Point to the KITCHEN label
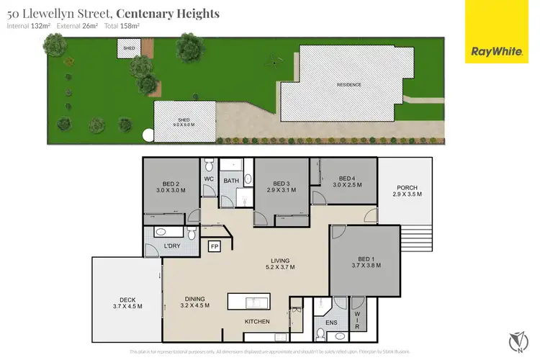click(x=257, y=321)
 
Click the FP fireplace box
click(x=215, y=247)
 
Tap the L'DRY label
click(x=172, y=246)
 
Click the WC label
click(x=210, y=179)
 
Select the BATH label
click(x=231, y=180)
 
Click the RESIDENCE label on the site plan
click(x=349, y=85)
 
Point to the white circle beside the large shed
click(x=148, y=134)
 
